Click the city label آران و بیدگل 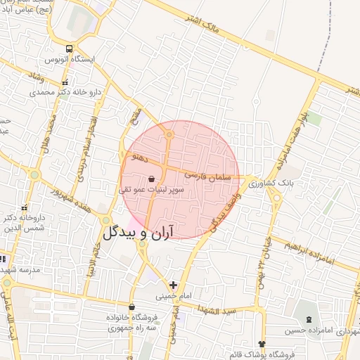(138, 233)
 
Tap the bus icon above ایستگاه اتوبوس (69, 49)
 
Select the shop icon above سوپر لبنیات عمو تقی (153, 179)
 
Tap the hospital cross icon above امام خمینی (173, 285)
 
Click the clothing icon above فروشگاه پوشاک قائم (263, 344)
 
